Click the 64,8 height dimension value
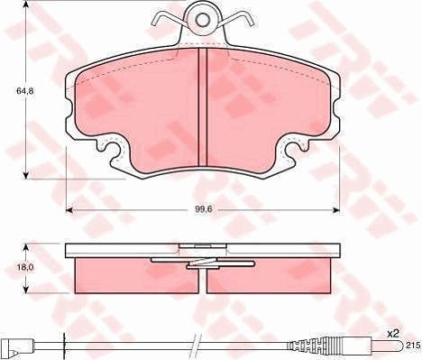pyautogui.click(x=13, y=90)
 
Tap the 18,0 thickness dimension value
pyautogui.click(x=27, y=268)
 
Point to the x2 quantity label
pyautogui.click(x=392, y=333)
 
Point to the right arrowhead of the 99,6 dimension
pyautogui.click(x=337, y=211)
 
